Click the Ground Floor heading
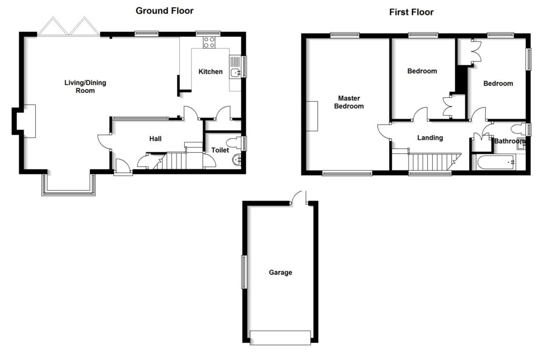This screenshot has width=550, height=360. (164, 11)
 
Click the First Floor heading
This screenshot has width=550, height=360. (411, 12)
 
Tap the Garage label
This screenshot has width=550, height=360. (280, 273)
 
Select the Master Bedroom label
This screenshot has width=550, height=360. (349, 102)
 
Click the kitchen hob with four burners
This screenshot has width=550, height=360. (209, 42)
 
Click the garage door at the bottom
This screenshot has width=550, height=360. (280, 337)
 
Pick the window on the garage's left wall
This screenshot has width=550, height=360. (243, 272)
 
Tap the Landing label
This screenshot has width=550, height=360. (430, 138)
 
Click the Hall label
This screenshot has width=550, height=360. (155, 139)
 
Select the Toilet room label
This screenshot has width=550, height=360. (220, 149)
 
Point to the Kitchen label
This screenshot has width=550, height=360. (211, 72)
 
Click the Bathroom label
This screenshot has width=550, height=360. (510, 141)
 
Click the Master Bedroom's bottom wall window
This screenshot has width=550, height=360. (347, 174)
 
